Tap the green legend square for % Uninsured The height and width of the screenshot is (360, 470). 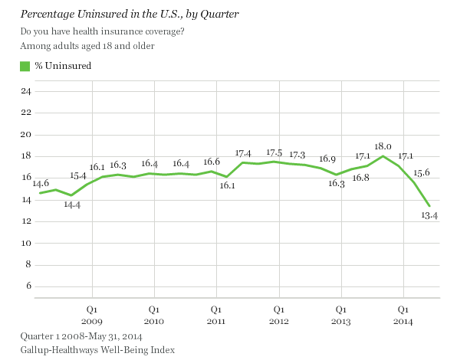click(x=25, y=66)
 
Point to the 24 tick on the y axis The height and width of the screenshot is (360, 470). click(x=25, y=92)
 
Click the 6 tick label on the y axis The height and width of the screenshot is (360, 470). click(x=28, y=286)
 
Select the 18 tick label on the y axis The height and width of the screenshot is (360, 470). click(x=25, y=156)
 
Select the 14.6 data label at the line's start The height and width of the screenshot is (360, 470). click(x=40, y=184)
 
